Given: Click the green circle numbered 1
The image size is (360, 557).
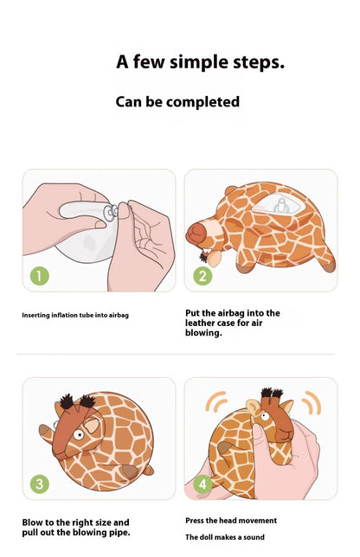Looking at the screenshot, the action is tap(40, 276).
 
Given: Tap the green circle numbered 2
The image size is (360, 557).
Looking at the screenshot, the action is tap(202, 276).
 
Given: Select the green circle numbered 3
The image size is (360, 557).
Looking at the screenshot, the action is tap(40, 483).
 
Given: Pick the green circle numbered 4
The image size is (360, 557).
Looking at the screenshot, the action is tap(202, 483).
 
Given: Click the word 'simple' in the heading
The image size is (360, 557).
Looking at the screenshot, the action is tap(199, 62).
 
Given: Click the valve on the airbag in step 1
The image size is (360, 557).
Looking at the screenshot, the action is tap(111, 212).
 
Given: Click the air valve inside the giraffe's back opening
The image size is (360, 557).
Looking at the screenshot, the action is tap(281, 206).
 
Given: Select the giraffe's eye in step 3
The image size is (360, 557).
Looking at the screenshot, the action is tap(78, 434).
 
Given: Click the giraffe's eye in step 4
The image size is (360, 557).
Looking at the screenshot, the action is tap(265, 416).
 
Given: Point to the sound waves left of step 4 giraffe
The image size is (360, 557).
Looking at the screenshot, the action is tap(215, 402).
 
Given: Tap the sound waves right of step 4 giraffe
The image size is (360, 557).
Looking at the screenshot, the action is tap(312, 402).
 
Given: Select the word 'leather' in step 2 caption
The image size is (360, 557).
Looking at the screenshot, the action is tap(201, 323).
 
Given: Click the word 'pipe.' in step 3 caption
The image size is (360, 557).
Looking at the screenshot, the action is tap(119, 533).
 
